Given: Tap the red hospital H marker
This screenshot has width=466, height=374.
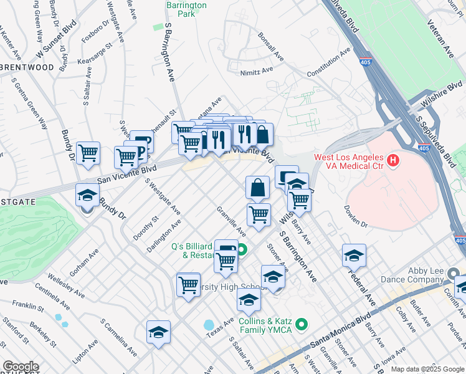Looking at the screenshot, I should click(392, 161).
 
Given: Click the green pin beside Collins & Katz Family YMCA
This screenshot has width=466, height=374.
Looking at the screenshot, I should click(302, 324).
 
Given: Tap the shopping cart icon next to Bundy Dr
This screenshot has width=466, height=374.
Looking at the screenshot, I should click(88, 152).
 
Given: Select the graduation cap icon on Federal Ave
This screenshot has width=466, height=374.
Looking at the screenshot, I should click(354, 256).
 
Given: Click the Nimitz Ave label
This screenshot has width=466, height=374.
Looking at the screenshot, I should click(257, 72).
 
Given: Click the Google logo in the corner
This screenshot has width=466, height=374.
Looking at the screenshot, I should click(21, 367).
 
